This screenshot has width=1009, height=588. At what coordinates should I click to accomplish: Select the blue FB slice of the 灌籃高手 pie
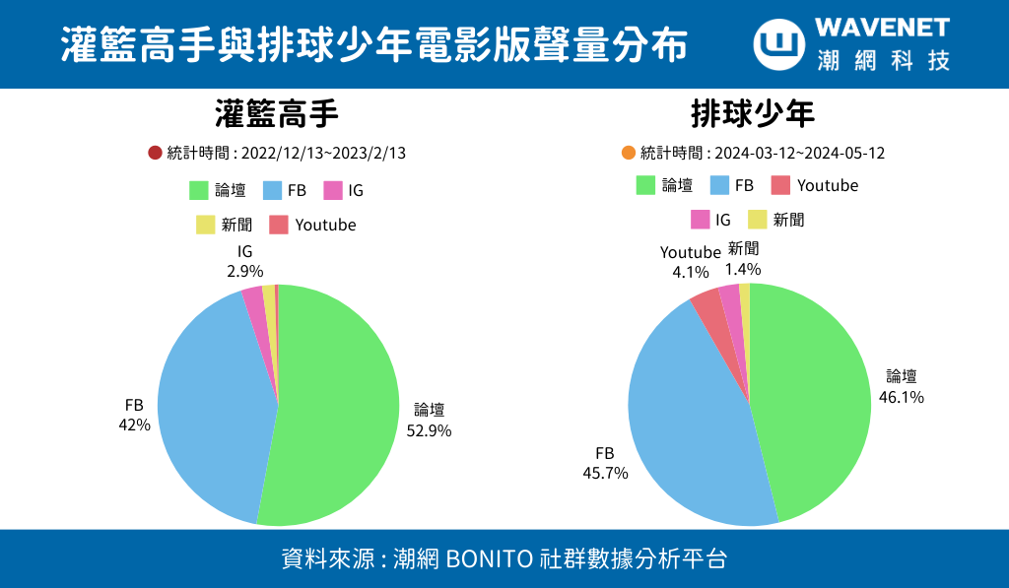click(212, 404)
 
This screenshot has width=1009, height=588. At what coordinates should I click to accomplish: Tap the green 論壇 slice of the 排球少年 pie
click(813, 394)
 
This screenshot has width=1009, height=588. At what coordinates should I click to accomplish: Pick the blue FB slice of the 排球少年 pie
click(690, 424)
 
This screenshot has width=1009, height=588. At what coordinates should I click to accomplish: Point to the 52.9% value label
click(429, 429)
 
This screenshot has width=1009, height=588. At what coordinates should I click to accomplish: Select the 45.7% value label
click(605, 473)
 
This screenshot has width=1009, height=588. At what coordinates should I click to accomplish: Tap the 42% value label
click(134, 425)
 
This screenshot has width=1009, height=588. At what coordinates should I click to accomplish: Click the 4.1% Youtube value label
click(691, 272)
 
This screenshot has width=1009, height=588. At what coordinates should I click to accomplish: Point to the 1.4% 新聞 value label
click(743, 268)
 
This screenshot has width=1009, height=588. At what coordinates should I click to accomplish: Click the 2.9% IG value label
click(245, 271)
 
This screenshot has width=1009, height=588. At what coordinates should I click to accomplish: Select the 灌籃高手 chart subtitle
click(277, 115)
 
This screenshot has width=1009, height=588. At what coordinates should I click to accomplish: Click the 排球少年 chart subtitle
click(753, 115)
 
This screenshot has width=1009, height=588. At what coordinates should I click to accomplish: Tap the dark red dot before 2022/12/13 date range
click(155, 153)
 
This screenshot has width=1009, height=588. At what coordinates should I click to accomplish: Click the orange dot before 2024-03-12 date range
click(629, 153)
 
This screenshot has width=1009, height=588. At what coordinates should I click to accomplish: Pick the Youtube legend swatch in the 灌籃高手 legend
click(279, 225)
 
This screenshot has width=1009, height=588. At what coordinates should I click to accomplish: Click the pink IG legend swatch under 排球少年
click(701, 220)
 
